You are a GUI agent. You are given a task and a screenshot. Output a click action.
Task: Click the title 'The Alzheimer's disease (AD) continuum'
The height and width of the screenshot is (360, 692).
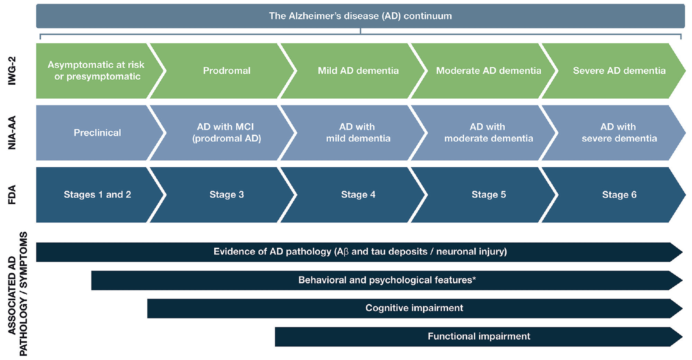pos(360,16)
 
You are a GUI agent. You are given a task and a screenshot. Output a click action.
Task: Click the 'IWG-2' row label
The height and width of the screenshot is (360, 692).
pos(12,71)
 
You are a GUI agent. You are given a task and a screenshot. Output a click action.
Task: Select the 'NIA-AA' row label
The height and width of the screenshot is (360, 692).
pos(12,133)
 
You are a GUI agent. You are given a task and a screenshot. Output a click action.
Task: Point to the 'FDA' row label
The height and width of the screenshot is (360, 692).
pos(12,195)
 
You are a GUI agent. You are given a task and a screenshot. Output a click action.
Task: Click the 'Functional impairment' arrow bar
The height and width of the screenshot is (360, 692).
pos(479,337)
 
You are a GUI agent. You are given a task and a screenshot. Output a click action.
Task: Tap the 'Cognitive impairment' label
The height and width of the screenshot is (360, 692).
pos(414,308)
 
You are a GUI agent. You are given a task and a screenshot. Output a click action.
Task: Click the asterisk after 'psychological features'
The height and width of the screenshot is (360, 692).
pos(474,278)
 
